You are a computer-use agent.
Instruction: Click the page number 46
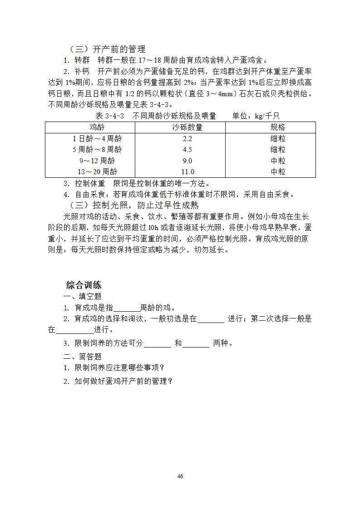(x=180, y=476)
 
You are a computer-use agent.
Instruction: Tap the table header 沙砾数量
(x=187, y=127)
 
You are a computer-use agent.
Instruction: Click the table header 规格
(x=278, y=127)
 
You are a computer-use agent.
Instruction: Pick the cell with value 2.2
(x=187, y=139)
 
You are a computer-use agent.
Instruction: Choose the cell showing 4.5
(x=187, y=150)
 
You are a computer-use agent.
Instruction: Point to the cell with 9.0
(x=187, y=161)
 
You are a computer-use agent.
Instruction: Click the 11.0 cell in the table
(x=187, y=171)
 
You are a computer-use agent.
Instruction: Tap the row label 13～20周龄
(x=97, y=171)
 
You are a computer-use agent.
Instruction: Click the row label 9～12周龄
(x=97, y=161)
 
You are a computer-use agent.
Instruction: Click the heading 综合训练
(x=84, y=285)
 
